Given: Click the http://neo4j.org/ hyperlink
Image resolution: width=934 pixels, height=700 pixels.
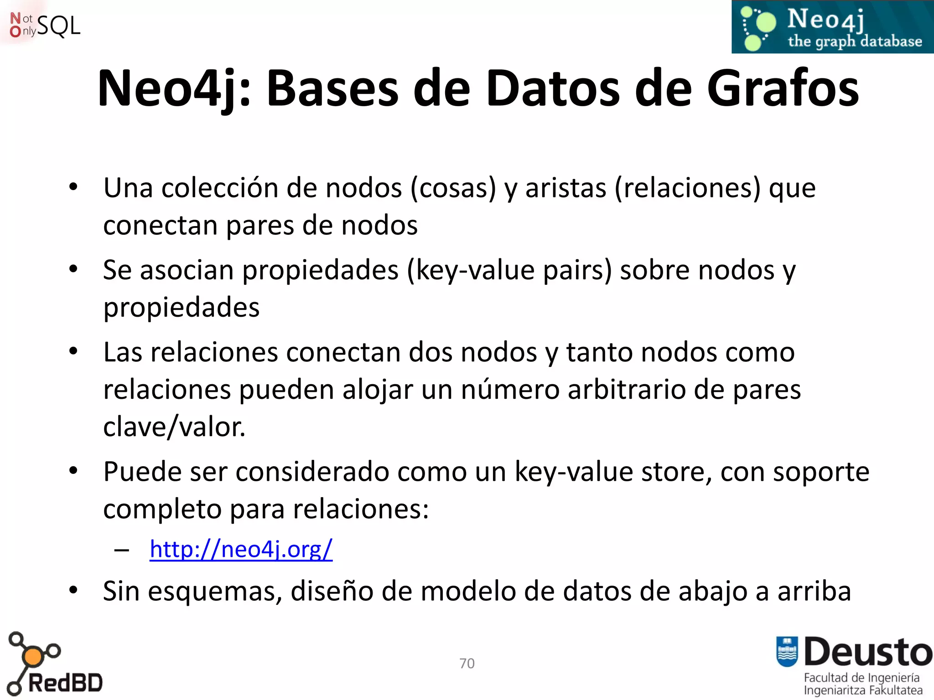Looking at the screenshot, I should tap(241, 549).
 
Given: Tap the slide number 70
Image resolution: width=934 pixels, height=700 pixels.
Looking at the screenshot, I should tap(467, 663).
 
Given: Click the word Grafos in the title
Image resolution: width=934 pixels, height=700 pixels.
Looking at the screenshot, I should tap(783, 88).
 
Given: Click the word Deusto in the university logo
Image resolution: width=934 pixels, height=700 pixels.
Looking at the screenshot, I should tap(868, 652).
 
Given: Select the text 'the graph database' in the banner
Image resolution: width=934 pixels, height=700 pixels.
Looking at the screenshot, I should tap(855, 41).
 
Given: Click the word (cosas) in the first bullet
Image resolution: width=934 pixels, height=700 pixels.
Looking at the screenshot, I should tap(453, 188).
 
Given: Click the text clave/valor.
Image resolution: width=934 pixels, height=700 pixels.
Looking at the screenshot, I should tap(174, 427).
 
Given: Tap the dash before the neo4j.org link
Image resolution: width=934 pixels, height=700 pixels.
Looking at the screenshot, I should tap(122, 550).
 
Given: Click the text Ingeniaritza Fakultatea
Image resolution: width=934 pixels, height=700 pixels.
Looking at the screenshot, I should tap(863, 690).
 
